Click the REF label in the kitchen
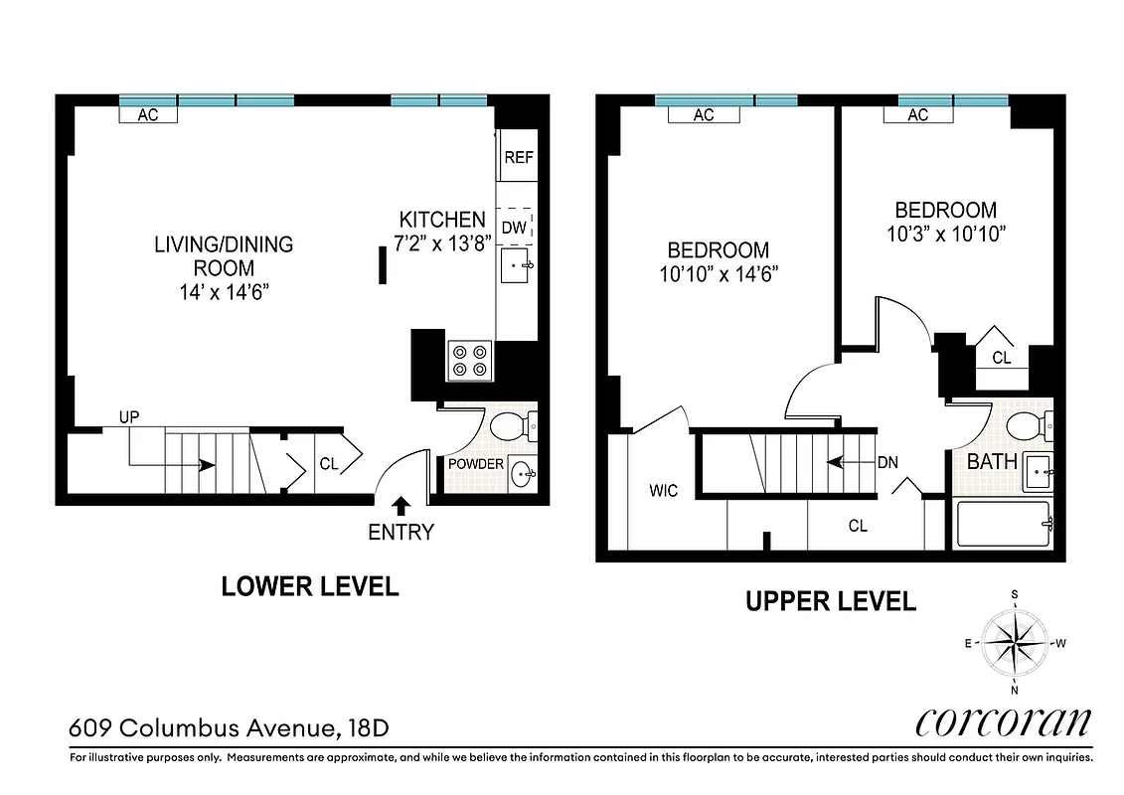point(517,157)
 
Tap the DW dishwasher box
point(514,228)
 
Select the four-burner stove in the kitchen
point(470,360)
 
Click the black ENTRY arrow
point(400,505)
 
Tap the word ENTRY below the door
point(401,533)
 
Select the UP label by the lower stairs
point(129,417)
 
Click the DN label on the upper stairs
point(888,462)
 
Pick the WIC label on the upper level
point(664,491)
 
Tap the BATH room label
point(992,461)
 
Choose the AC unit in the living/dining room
point(148,115)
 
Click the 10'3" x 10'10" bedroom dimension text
point(945,235)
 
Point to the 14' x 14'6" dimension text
point(224,292)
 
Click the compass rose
point(1015,642)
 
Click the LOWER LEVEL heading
point(310,586)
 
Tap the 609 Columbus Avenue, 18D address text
point(229,727)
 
